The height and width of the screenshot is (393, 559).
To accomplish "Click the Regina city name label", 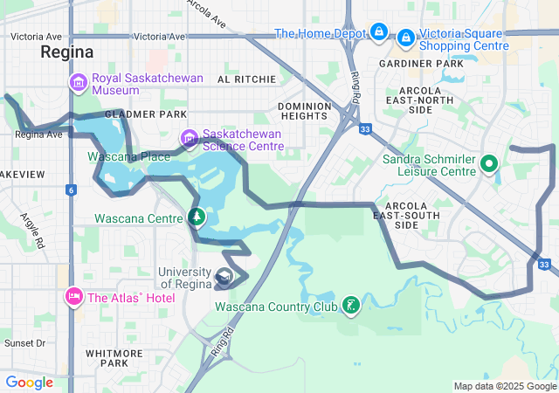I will pos(66,52).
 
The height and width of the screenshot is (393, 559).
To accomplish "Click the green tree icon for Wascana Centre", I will pos(197,217).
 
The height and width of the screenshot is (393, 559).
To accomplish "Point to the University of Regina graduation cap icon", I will pos(224,278).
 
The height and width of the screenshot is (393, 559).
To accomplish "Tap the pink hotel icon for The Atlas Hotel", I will pos(72,298).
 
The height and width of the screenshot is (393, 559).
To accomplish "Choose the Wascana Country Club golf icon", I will pos(350,306).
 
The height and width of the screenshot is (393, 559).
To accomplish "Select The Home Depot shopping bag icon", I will pos(378,33).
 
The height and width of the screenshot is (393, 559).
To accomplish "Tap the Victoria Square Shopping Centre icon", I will pos(406,38).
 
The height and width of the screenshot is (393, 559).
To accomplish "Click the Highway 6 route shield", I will pos(71,190).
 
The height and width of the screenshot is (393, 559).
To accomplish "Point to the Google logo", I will pos(29,382).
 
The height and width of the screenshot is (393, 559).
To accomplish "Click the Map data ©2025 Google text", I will pos(504,386).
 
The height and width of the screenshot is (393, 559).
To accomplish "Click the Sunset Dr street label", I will pos(24,343).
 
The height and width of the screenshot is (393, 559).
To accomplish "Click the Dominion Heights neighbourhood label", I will pos(304,111).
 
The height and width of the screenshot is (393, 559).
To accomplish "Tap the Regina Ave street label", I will pos(38,134).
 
